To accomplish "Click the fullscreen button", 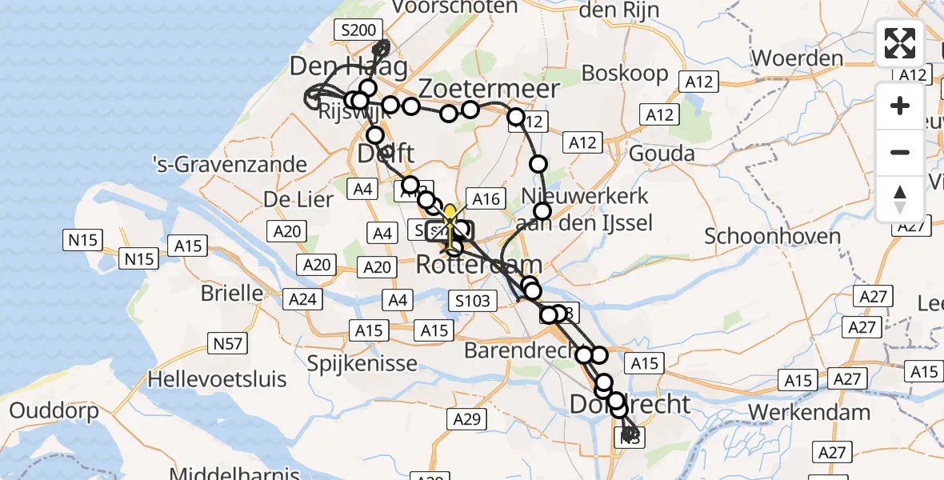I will tap(900, 43).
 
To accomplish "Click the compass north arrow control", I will tap(900, 198).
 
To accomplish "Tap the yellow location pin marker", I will tap(450, 216).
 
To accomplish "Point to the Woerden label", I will tap(798, 58).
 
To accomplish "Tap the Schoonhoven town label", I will tap(772, 236).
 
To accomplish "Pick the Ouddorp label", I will tap(54, 411).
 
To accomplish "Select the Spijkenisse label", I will tap(363, 363).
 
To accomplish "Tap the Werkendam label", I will tap(809, 413).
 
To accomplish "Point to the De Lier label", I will tap(300, 199).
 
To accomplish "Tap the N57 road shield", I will tap(227, 344).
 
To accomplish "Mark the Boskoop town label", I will tap(625, 73).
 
